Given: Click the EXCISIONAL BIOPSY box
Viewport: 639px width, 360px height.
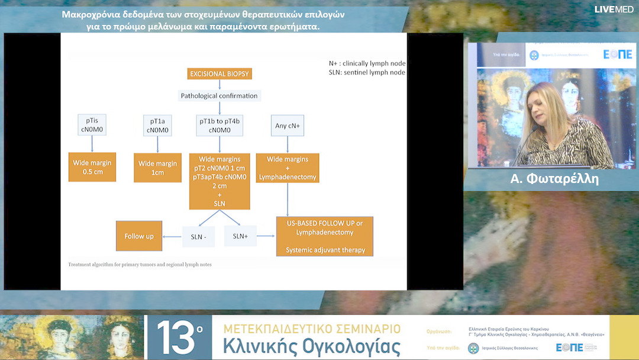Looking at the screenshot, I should pyautogui.click(x=220, y=74).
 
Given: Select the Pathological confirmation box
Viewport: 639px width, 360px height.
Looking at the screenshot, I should pyautogui.click(x=220, y=95).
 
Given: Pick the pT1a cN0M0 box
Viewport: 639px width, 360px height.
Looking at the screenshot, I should pyautogui.click(x=157, y=125).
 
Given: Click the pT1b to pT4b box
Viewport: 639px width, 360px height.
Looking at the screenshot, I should pyautogui.click(x=220, y=125).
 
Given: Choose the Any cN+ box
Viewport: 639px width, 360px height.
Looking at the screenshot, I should pyautogui.click(x=288, y=125).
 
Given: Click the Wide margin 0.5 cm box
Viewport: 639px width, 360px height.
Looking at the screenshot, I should pyautogui.click(x=92, y=167).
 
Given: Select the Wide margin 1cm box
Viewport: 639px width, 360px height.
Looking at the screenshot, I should pyautogui.click(x=157, y=168).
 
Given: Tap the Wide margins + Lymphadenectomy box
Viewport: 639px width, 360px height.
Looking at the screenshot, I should pyautogui.click(x=288, y=168).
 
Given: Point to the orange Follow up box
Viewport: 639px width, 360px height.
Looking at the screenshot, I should pyautogui.click(x=139, y=236).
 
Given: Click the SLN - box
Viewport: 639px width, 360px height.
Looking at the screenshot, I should pyautogui.click(x=198, y=237).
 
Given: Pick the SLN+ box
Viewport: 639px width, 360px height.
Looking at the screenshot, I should pyautogui.click(x=240, y=236).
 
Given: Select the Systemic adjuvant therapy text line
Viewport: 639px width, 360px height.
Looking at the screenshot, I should pyautogui.click(x=325, y=250).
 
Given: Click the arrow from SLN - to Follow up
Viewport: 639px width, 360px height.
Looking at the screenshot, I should pyautogui.click(x=172, y=237).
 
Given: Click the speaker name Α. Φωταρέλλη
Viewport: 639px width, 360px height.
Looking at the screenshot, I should pyautogui.click(x=554, y=179).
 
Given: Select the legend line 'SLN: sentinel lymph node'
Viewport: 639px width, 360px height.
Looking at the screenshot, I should pyautogui.click(x=367, y=72).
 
